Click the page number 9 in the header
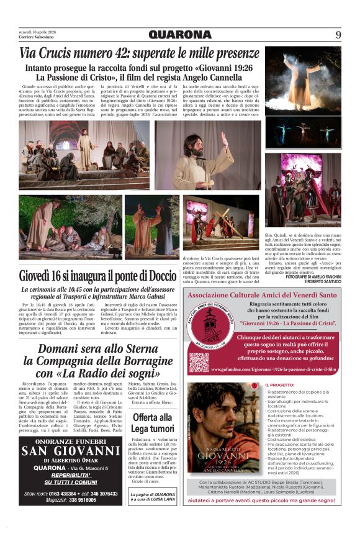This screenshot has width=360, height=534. point(338,35)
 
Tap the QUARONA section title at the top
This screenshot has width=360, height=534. point(179,35)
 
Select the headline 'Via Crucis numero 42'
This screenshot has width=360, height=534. point(139,54)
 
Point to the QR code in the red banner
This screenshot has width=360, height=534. point(199,361)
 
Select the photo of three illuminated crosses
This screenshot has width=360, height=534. point(303,131)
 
